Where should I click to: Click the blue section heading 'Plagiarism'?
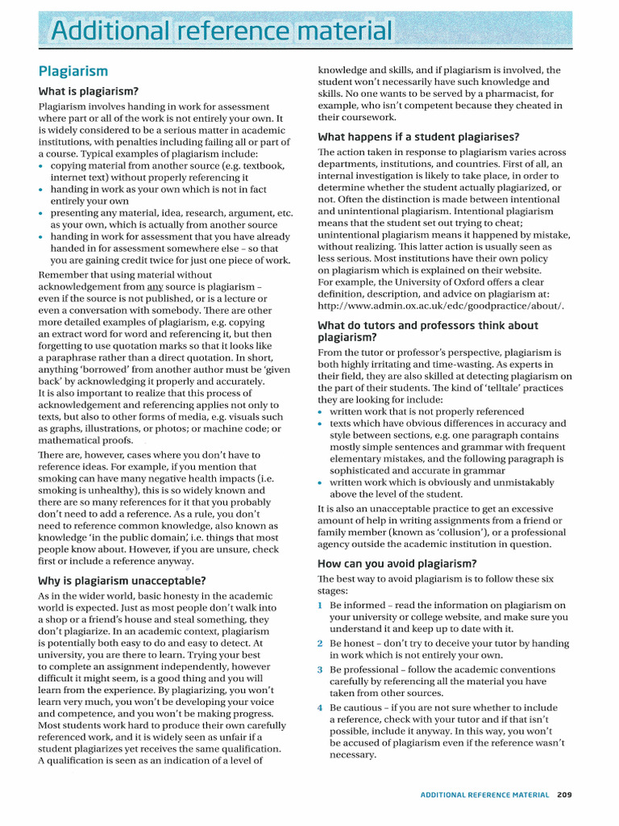pos(73,71)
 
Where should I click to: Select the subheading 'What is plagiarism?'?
pos(89,91)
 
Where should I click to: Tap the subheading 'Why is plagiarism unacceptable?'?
pos(122,580)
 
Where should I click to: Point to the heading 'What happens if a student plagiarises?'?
pos(418,136)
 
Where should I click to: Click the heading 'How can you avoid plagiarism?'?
pos(397,563)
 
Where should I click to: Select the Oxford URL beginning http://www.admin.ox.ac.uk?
pos(441,306)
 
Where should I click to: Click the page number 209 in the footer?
pos(564,795)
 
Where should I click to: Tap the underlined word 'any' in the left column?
pos(156,286)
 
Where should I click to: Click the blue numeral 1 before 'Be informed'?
pos(321,605)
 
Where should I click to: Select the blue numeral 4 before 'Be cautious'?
pos(321,707)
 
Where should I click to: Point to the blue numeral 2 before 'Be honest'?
pos(321,644)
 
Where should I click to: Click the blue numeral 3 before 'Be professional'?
pos(321,670)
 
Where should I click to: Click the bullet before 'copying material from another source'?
pos(42,166)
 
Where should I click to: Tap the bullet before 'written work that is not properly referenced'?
pos(321,411)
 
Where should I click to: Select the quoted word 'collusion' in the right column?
pos(432,532)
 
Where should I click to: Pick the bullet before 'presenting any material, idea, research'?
pos(42,214)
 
